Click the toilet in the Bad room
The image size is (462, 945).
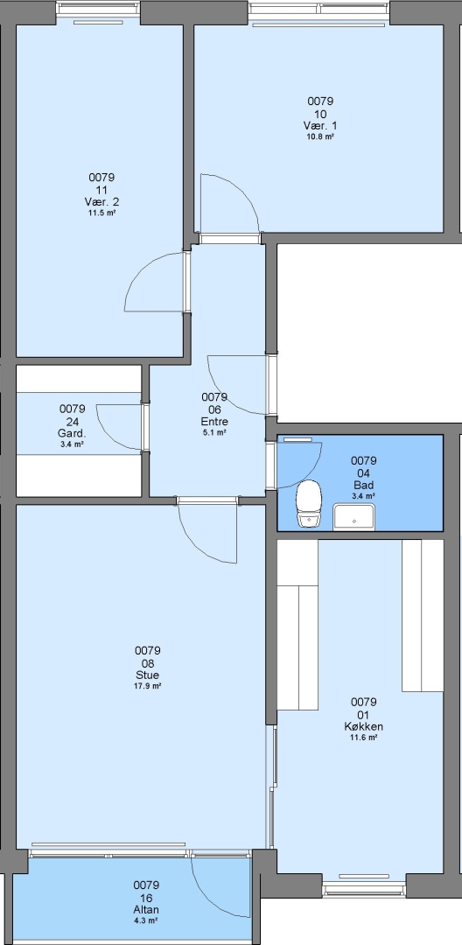[x=309, y=504]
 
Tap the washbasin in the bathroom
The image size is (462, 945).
[x=354, y=516]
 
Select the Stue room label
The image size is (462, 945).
[x=148, y=675]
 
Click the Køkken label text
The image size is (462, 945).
[x=364, y=726]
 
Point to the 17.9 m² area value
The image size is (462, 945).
[x=148, y=686]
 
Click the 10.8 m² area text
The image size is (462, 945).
[x=320, y=136]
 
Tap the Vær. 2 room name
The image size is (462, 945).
[x=101, y=201]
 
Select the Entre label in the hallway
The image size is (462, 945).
[x=214, y=421]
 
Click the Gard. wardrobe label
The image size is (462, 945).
[x=73, y=433]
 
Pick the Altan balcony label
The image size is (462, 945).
[x=147, y=909]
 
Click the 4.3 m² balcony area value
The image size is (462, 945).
[x=147, y=920]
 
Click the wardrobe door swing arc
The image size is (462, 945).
[x=110, y=437]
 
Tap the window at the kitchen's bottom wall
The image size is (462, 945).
[x=364, y=888]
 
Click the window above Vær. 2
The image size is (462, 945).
[x=98, y=9]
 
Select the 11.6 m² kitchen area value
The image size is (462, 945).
[x=364, y=737]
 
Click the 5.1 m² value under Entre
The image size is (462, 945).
[x=214, y=432]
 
